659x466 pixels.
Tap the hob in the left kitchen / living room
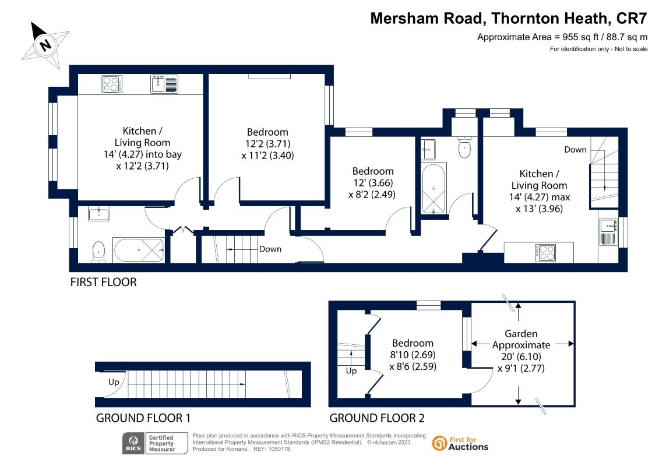click(112, 84)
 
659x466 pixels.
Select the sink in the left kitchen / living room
click(164, 84)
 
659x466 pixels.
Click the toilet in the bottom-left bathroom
click(98, 252)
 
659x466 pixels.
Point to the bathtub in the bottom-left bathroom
click(138, 250)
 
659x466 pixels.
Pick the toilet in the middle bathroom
click(464, 147)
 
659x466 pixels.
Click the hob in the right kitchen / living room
click(545, 253)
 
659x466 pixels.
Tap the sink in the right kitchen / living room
click(608, 232)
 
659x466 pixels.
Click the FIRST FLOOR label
click(103, 282)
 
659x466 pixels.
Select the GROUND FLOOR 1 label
click(143, 418)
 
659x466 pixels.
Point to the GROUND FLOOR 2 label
click(377, 418)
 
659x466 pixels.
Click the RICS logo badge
click(155, 443)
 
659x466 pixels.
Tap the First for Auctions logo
click(460, 443)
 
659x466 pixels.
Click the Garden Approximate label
click(521, 340)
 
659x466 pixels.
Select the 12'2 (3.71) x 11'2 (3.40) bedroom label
click(267, 144)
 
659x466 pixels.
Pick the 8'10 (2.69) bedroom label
click(413, 355)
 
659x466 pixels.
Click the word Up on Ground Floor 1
click(114, 382)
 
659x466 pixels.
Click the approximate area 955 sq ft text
click(562, 37)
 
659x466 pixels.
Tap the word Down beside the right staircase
click(575, 150)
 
